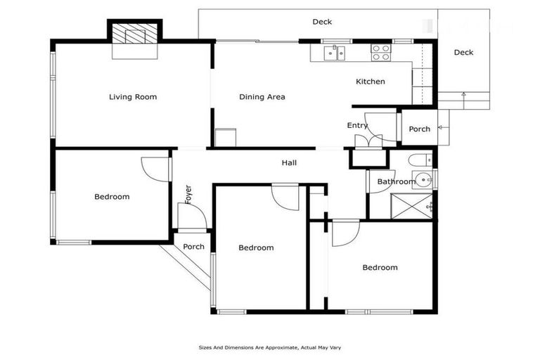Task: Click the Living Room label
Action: [x=133, y=97]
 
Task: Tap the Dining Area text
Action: [x=262, y=97]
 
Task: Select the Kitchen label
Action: [x=370, y=82]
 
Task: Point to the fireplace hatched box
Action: [x=134, y=34]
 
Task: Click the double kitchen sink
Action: [x=334, y=53]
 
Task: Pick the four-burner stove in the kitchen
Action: [x=380, y=53]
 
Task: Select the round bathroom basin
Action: [x=423, y=180]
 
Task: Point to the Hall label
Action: [x=289, y=163]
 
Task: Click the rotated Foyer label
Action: [x=188, y=194]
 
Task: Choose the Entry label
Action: [x=357, y=126]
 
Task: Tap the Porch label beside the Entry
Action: [x=419, y=129]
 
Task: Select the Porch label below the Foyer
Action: [x=193, y=247]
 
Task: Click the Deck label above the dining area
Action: [x=322, y=22]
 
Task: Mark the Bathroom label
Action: [x=395, y=181]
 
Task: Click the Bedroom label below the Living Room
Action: [x=112, y=197]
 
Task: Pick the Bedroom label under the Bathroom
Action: [x=380, y=267]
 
